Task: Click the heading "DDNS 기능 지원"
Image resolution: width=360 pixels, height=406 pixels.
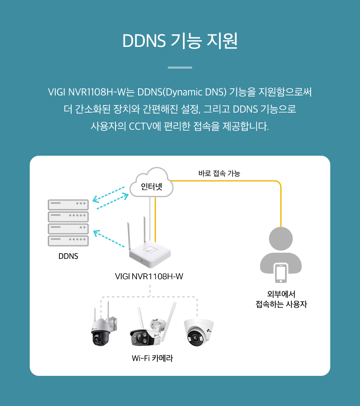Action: [180, 41]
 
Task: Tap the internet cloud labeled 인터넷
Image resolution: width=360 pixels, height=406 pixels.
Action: [151, 185]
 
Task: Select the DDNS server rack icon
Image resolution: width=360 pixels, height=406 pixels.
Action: [68, 223]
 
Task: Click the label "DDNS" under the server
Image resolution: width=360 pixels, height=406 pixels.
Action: [68, 256]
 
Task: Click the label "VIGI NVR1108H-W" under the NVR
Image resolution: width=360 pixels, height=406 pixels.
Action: [149, 277]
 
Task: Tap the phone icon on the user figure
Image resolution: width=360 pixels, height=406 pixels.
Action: [280, 272]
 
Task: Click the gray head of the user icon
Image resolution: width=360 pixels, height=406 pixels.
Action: [280, 240]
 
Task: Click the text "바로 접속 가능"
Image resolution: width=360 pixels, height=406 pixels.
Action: [219, 173]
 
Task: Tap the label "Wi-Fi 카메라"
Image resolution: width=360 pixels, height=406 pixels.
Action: [152, 358]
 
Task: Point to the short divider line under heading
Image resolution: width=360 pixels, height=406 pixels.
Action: [180, 67]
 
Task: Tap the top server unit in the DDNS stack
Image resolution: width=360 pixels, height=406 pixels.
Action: [68, 204]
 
